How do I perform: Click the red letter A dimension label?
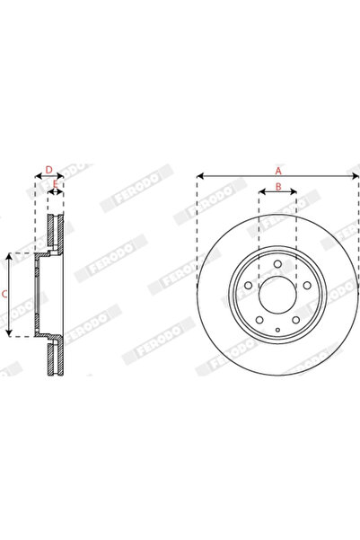point(278,169)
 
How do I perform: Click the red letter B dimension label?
point(278,186)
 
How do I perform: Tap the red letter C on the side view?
point(4,294)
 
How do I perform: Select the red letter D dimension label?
point(48,169)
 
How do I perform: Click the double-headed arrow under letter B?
point(278,192)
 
